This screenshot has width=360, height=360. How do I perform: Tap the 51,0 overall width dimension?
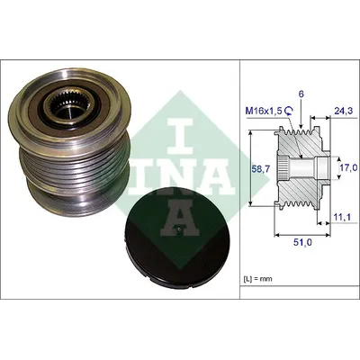pyautogui.click(x=301, y=242)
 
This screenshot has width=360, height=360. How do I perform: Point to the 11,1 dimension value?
pyautogui.click(x=342, y=217)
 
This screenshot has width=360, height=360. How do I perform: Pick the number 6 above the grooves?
pyautogui.click(x=301, y=94)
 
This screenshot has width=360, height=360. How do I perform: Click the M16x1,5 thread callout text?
pyautogui.click(x=264, y=112)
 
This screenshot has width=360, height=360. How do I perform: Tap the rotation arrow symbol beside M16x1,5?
pyautogui.click(x=288, y=112)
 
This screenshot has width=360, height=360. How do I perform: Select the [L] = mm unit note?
pyautogui.click(x=257, y=279)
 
